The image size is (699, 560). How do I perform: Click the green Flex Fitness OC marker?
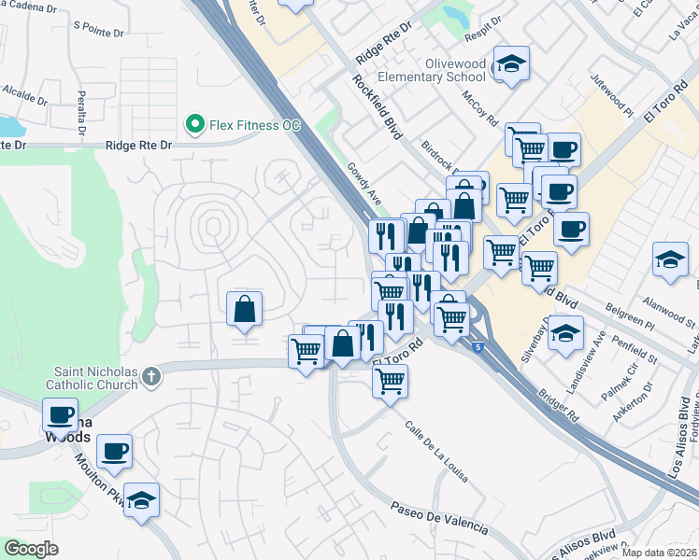(195, 123)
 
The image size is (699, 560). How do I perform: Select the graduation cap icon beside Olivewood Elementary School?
(510, 64)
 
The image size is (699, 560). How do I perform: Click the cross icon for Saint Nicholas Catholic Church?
(151, 377)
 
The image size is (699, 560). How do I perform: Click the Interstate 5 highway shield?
(479, 347)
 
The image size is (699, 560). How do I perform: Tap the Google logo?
(31, 549)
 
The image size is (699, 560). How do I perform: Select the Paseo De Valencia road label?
(439, 515)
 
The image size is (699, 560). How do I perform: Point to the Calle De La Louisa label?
(436, 452)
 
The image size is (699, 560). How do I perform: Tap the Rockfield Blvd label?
(377, 107)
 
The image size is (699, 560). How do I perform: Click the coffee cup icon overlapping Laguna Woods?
(61, 414)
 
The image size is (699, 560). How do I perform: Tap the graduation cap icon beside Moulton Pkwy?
(141, 500)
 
